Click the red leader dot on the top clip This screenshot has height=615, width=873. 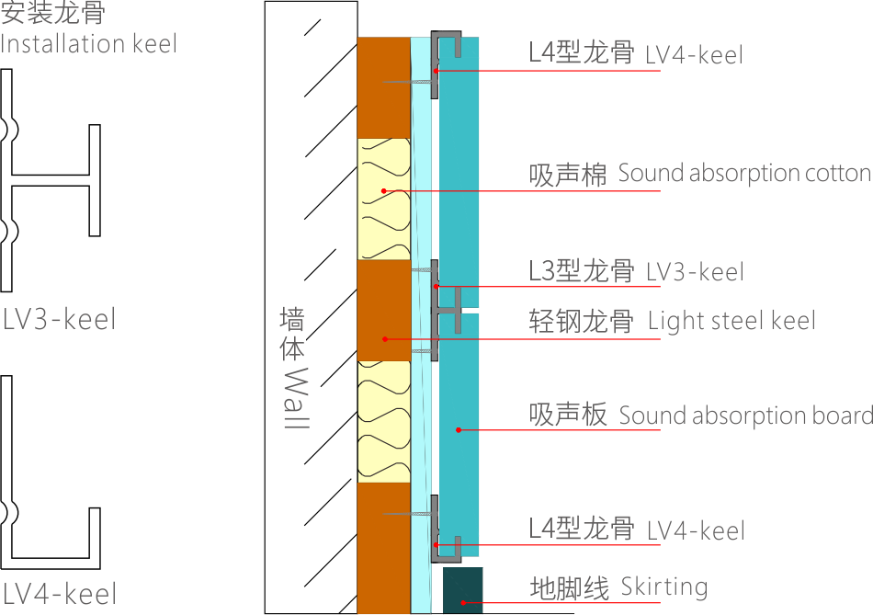436,71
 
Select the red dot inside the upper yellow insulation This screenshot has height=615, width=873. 383,191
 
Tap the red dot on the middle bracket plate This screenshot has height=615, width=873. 436,287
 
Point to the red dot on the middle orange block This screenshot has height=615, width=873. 384,339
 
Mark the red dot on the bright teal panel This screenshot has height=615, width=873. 458,429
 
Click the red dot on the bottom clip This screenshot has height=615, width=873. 436,545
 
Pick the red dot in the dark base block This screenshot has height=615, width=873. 462,603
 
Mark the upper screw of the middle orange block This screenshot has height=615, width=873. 420,269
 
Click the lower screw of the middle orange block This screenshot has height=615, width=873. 420,351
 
